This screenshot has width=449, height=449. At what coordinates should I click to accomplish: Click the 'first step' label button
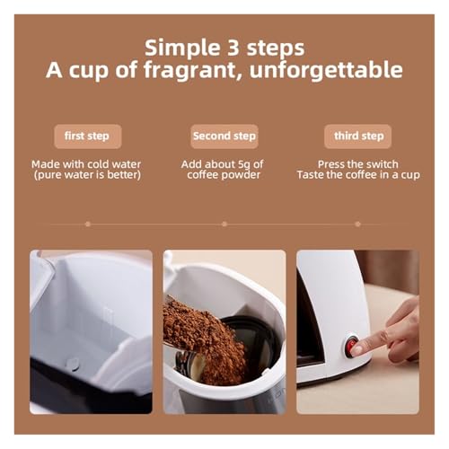pos(88,136)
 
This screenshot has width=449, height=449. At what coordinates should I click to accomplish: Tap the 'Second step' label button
pos(224,136)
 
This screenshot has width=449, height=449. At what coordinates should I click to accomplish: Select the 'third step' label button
pos(357,136)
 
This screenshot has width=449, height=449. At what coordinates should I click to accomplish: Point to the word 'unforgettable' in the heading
pos(326,70)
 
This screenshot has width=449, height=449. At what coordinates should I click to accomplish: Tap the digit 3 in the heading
pos(233,48)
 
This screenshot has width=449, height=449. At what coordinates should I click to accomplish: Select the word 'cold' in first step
pos(97,164)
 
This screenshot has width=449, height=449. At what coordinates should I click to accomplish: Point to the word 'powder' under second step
pos(242,175)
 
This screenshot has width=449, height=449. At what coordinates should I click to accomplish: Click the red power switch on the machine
pos(351,347)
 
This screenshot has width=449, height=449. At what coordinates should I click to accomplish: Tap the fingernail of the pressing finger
pos(357,349)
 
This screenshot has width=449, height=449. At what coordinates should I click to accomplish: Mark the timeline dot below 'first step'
pos(88,224)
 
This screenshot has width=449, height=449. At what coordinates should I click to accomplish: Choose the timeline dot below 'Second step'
pos(224,224)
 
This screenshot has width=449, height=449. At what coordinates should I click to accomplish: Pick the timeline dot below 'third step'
pos(357,224)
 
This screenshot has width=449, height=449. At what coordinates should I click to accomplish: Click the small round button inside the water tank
pos(73,364)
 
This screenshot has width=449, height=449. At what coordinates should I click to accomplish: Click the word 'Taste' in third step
pos(311,175)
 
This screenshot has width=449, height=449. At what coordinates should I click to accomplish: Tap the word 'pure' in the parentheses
pos(50,175)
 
